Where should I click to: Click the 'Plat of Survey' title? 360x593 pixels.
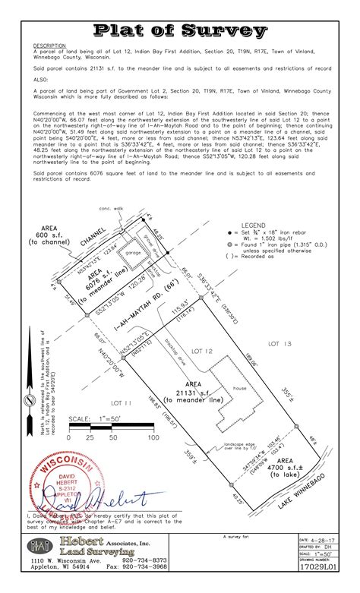pyautogui.click(x=180, y=31)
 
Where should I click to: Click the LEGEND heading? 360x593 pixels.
pyautogui.click(x=254, y=226)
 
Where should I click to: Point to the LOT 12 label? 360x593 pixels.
pyautogui.click(x=204, y=351)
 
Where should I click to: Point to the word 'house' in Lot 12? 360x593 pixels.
pyautogui.click(x=241, y=388)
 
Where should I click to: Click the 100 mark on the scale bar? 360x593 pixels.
pyautogui.click(x=152, y=437)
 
